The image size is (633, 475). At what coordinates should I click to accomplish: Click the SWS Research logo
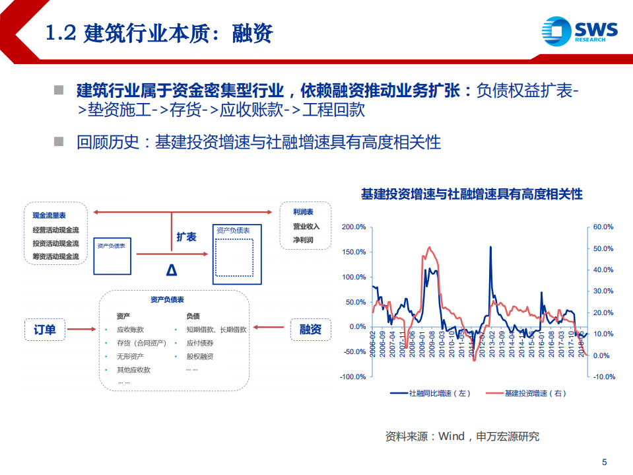click(x=579, y=30)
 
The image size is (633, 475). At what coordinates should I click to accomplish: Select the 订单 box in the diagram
click(x=45, y=329)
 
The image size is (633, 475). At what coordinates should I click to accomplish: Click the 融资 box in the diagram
click(x=310, y=329)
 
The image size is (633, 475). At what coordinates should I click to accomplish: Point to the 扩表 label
click(x=186, y=237)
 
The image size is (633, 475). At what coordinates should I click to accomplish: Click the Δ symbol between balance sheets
click(x=172, y=270)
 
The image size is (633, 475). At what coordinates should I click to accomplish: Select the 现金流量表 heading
click(x=50, y=215)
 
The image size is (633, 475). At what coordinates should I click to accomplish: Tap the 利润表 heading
click(x=303, y=212)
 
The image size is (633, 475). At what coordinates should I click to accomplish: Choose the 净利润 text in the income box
click(x=303, y=240)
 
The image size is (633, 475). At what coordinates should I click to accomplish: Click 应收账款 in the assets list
click(x=130, y=329)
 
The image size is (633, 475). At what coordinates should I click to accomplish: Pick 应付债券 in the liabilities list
click(x=200, y=343)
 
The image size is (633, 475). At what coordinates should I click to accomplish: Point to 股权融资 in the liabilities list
click(x=200, y=357)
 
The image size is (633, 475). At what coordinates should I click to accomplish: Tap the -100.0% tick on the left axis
click(x=352, y=377)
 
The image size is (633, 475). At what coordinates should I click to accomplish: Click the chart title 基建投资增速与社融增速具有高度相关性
click(x=471, y=194)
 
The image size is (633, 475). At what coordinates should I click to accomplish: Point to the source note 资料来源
click(x=462, y=436)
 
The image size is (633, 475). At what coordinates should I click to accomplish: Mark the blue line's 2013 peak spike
click(x=490, y=247)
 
